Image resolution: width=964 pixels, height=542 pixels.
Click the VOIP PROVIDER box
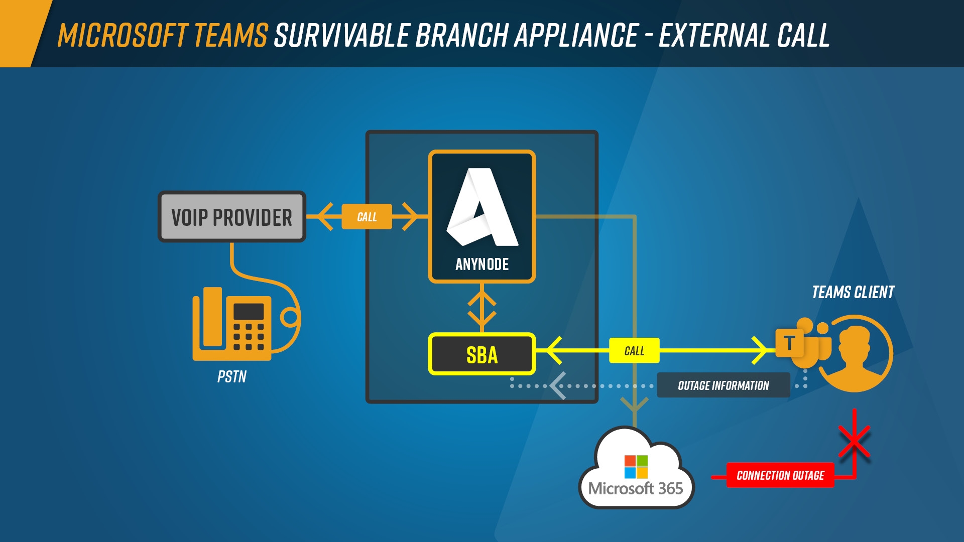(231, 217)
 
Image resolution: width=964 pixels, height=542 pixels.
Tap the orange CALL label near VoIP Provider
(367, 217)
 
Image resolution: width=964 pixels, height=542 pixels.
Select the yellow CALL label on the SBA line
(634, 351)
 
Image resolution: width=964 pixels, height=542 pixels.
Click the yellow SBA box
(481, 354)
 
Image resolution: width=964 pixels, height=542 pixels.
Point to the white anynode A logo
(482, 208)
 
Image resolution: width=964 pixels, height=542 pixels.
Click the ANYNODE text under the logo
(482, 264)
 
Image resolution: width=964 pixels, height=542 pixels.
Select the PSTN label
(232, 377)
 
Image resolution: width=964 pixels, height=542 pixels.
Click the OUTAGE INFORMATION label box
(723, 385)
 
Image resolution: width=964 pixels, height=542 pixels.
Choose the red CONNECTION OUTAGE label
(780, 475)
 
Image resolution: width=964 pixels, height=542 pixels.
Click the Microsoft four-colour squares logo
(636, 467)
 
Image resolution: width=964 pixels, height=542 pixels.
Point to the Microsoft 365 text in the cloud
(636, 488)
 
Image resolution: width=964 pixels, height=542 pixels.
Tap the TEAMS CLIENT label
(853, 292)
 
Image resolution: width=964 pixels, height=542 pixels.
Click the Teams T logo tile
(789, 343)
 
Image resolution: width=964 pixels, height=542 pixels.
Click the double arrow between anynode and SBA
(482, 308)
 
